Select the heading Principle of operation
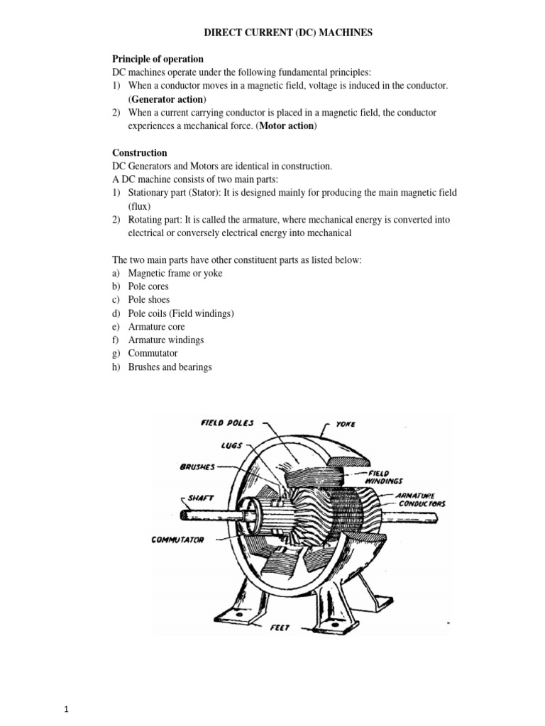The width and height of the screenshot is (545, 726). tap(158, 59)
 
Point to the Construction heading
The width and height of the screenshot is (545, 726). tap(140, 152)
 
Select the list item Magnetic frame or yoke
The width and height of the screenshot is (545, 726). tap(175, 273)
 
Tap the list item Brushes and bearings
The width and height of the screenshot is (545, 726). tap(170, 367)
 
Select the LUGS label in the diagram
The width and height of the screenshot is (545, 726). tap(231, 445)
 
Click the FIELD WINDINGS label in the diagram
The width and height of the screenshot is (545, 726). tap(385, 476)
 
